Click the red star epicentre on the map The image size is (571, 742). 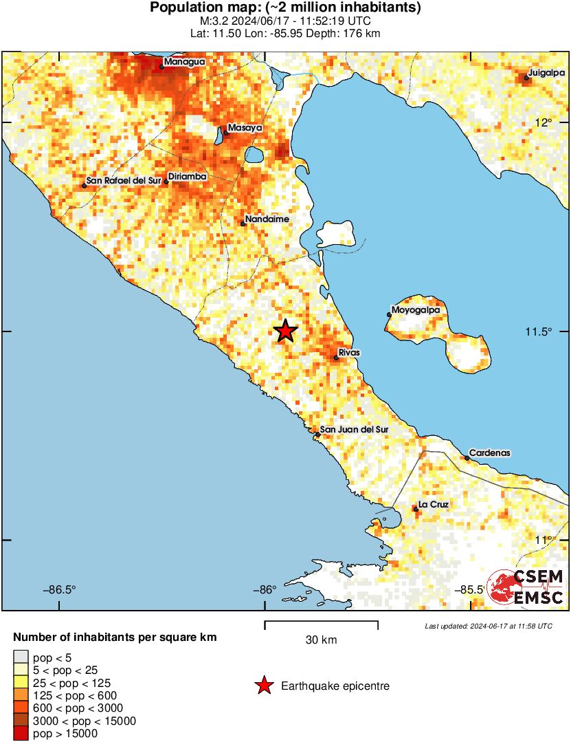click(x=286, y=331)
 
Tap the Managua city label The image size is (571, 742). click(x=184, y=62)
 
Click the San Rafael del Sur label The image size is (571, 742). click(x=124, y=182)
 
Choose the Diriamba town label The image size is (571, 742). click(x=188, y=177)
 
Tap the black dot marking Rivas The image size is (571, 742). click(x=336, y=358)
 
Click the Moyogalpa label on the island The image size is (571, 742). click(x=415, y=310)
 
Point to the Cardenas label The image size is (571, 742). click(x=490, y=453)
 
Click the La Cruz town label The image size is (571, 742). click(x=434, y=505)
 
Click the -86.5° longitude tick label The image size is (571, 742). click(x=60, y=589)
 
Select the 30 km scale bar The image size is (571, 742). click(x=321, y=624)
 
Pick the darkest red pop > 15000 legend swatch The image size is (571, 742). click(x=21, y=734)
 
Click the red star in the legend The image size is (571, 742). click(x=263, y=686)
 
